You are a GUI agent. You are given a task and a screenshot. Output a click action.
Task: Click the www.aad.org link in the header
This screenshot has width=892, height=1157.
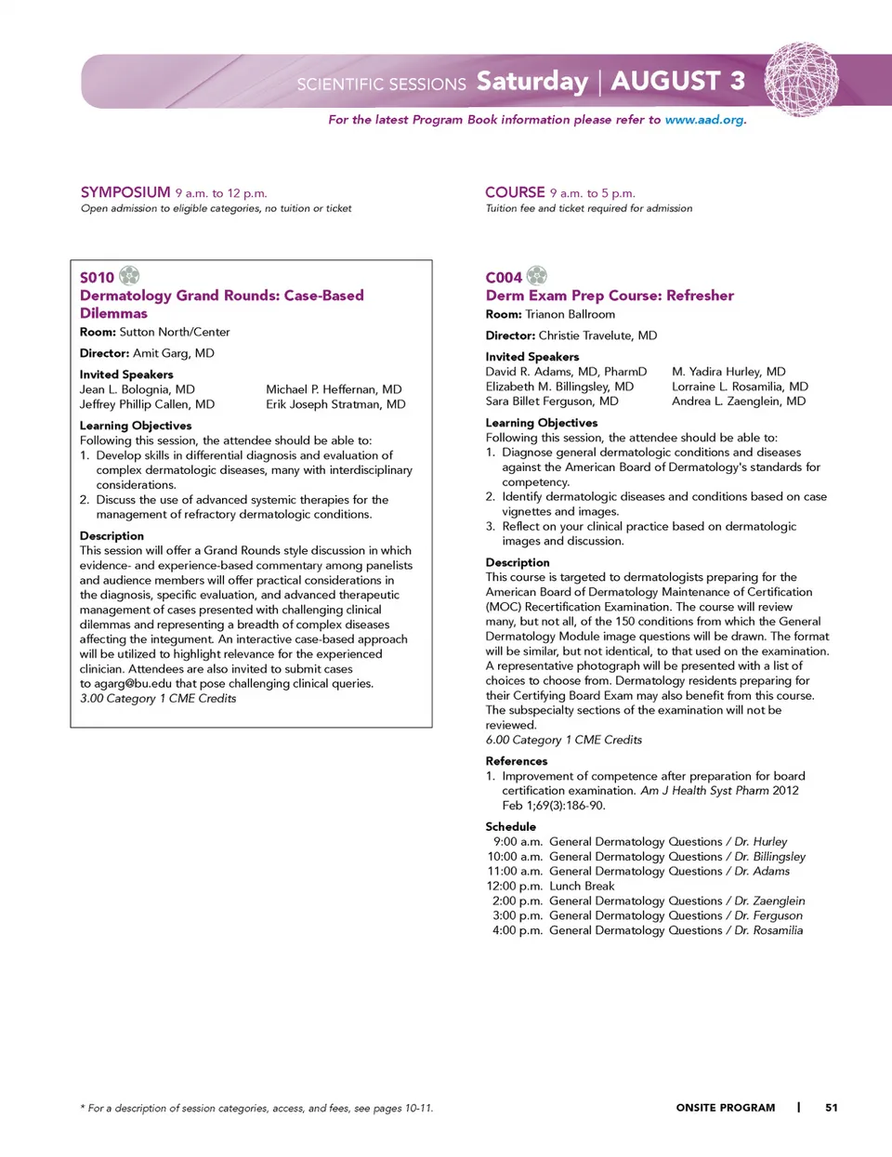pyautogui.click(x=704, y=120)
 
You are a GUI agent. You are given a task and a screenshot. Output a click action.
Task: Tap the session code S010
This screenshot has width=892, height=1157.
pyautogui.click(x=97, y=278)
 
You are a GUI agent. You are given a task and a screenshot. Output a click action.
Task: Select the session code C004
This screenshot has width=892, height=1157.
pyautogui.click(x=504, y=278)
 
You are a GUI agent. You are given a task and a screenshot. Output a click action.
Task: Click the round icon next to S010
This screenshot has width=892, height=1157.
pyautogui.click(x=129, y=275)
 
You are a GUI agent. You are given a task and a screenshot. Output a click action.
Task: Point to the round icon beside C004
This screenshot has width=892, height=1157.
pyautogui.click(x=537, y=275)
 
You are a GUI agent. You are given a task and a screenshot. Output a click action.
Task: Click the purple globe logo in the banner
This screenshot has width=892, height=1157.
pyautogui.click(x=800, y=80)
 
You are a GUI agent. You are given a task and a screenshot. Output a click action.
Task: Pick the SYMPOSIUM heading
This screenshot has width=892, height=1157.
pyautogui.click(x=125, y=192)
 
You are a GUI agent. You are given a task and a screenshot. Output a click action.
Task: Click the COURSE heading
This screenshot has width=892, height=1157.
pyautogui.click(x=515, y=192)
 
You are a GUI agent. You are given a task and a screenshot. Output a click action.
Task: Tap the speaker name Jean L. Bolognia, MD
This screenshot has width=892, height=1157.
pyautogui.click(x=138, y=389)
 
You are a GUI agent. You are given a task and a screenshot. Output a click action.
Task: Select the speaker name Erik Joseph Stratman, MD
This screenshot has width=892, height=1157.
pyautogui.click(x=335, y=404)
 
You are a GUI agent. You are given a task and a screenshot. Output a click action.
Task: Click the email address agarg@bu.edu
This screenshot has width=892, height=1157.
pyautogui.click(x=133, y=683)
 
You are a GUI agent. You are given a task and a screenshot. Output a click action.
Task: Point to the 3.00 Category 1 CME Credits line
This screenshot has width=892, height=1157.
pyautogui.click(x=158, y=698)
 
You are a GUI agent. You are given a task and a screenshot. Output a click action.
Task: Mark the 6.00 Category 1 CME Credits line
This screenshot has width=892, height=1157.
pyautogui.click(x=563, y=740)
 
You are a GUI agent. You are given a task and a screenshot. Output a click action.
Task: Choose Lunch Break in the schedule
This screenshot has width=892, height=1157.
pyautogui.click(x=582, y=886)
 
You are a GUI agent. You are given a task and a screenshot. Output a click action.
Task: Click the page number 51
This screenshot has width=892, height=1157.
pyautogui.click(x=832, y=1107)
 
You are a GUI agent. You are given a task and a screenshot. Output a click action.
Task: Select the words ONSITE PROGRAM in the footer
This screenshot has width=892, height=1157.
pyautogui.click(x=726, y=1107)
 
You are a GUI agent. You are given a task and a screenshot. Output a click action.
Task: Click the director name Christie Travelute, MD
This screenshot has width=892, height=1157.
pyautogui.click(x=597, y=335)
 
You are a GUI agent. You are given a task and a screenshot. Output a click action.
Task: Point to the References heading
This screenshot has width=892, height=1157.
pyautogui.click(x=517, y=761)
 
